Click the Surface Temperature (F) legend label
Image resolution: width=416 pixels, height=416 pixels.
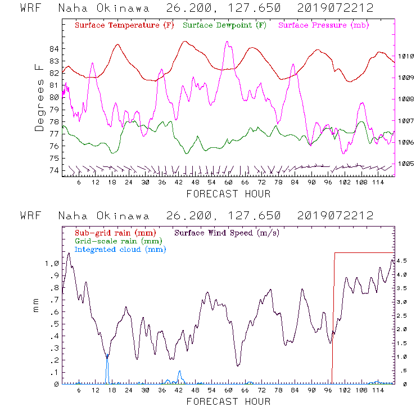point(124,26)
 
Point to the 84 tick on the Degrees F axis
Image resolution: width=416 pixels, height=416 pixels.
point(55,49)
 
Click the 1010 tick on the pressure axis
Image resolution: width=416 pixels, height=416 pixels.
point(406,56)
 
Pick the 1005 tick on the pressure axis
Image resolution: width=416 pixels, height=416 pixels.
point(406,164)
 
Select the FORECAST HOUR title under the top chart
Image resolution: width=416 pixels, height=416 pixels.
point(228,194)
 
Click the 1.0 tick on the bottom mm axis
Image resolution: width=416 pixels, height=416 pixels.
point(52,264)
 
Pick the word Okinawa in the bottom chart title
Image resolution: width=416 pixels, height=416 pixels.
point(127,216)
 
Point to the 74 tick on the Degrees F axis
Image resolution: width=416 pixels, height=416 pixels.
point(55,170)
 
